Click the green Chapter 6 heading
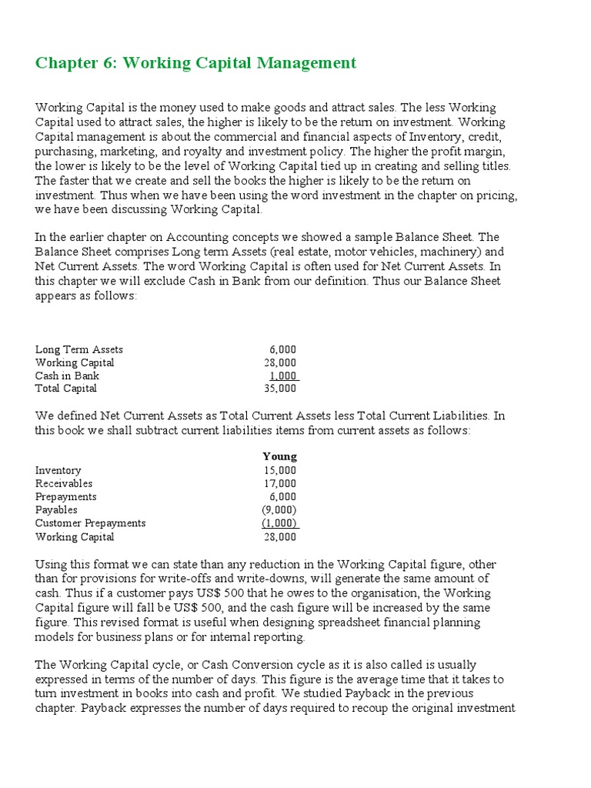coord(195,63)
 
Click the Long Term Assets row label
coord(79,349)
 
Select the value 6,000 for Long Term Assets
coord(282,349)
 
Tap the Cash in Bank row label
coord(67,376)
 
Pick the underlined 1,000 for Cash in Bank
coord(282,376)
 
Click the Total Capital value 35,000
coord(279,389)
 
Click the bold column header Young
coord(279,456)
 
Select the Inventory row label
coord(58,470)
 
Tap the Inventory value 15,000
coord(279,470)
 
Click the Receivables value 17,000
coord(279,483)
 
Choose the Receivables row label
coord(64,483)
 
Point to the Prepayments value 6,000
coord(282,496)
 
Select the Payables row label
coord(56,509)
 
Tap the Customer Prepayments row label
coord(90,523)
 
